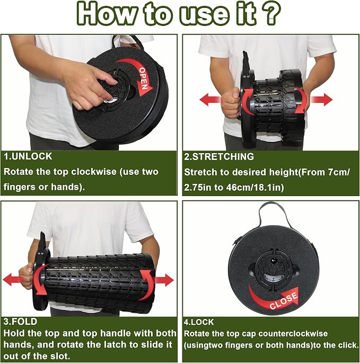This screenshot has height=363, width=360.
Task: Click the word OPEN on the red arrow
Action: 144,79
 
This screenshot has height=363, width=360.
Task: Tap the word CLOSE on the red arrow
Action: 284,300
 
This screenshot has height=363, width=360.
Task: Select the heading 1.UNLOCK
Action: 28,156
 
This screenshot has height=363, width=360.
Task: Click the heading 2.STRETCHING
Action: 219,157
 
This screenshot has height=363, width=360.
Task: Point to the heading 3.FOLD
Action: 20,322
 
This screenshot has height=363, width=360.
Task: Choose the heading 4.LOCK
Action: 199,322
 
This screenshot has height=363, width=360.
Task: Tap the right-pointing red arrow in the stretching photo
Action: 321,100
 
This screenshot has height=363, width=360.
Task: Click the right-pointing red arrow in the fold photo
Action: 164,280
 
